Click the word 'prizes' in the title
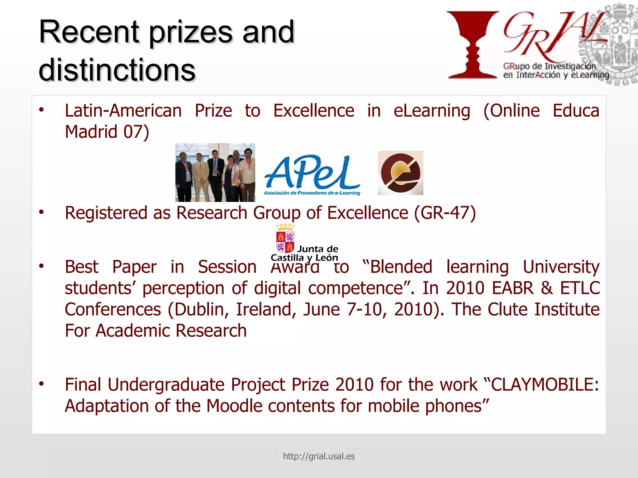click(191, 33)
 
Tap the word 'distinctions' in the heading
click(117, 70)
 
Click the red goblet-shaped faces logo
click(473, 45)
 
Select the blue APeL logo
click(312, 174)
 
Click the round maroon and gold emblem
click(401, 173)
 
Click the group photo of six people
click(215, 172)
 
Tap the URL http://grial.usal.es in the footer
click(319, 456)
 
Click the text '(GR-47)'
click(445, 213)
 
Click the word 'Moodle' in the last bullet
click(234, 406)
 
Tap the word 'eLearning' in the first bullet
click(432, 111)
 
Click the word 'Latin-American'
click(123, 111)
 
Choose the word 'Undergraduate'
click(166, 385)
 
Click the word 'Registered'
click(106, 213)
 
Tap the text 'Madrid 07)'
click(107, 132)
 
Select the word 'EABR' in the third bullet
click(513, 288)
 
